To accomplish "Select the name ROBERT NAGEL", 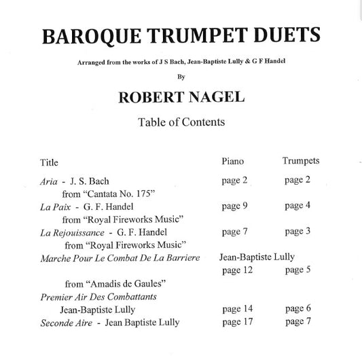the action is (x=181, y=97).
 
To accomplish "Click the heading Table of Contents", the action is (x=181, y=123).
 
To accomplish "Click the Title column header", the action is (x=50, y=163).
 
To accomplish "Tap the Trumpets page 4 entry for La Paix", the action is (x=299, y=205).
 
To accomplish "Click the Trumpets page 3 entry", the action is (x=299, y=232).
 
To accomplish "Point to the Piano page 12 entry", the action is (x=237, y=270).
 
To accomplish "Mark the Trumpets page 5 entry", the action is (x=299, y=270).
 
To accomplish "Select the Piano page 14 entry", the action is (x=238, y=308).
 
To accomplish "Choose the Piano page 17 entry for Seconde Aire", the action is (x=238, y=322).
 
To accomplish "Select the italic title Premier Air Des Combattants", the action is (x=99, y=297).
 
